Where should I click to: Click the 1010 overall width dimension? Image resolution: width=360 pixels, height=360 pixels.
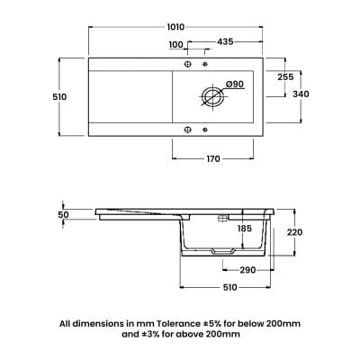(175, 27)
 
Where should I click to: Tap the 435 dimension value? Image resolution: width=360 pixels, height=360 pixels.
(225, 41)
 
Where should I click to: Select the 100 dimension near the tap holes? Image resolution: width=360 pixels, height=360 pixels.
(175, 45)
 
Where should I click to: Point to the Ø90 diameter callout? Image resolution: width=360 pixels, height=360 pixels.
(234, 85)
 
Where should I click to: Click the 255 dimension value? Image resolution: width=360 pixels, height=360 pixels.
(285, 77)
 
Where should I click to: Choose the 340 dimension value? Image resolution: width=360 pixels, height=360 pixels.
(301, 94)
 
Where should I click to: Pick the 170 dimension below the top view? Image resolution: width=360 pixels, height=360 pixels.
(213, 158)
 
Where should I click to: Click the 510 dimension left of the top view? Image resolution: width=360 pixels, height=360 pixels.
(59, 97)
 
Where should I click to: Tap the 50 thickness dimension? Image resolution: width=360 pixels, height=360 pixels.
(64, 215)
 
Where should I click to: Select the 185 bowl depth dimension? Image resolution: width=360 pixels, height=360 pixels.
(245, 229)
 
